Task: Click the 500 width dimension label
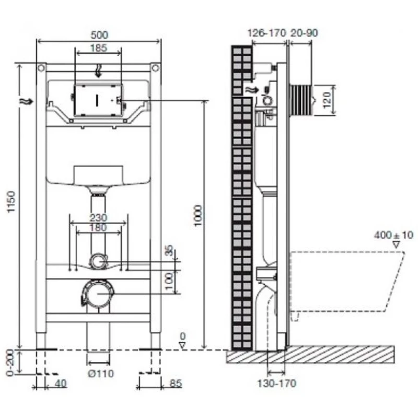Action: tap(99, 35)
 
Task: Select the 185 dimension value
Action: tap(99, 48)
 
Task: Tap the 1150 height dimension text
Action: tap(11, 201)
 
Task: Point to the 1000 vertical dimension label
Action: tap(198, 216)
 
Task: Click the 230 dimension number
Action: tap(98, 218)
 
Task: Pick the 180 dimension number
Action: tap(98, 228)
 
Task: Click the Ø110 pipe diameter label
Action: tap(101, 374)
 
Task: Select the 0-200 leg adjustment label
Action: tap(10, 362)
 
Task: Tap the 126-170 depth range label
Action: tap(266, 33)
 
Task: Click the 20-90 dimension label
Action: tap(304, 33)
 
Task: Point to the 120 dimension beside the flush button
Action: tap(327, 100)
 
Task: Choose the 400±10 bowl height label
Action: tap(393, 235)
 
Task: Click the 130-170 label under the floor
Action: tap(277, 384)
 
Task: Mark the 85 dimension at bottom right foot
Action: tap(176, 384)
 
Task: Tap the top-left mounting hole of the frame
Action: tap(41, 68)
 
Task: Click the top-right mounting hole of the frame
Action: tap(155, 68)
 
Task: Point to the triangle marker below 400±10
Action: tap(397, 245)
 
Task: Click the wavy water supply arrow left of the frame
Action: tap(27, 101)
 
